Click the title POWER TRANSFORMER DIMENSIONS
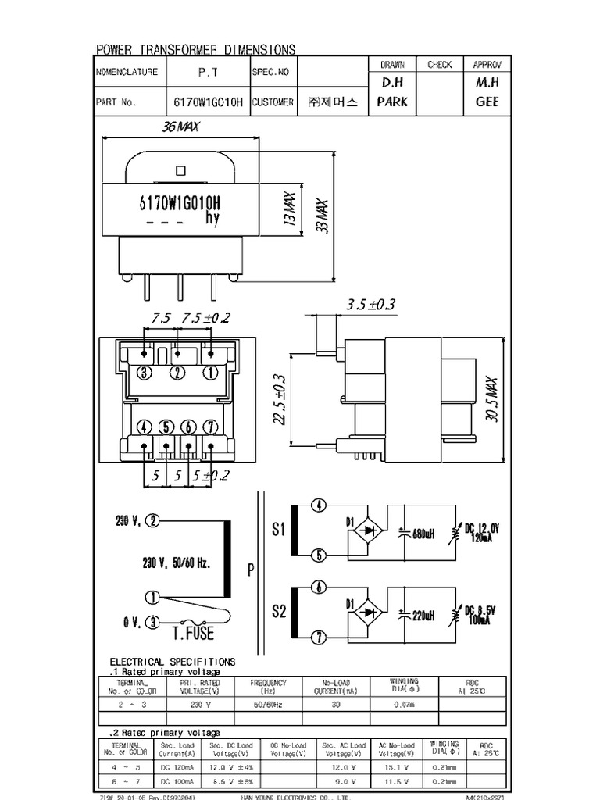pos(195,50)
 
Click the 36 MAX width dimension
pos(180,127)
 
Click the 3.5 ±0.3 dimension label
pos(370,304)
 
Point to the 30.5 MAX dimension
pos(491,402)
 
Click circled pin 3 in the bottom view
pos(145,373)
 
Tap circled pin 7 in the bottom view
pos(209,427)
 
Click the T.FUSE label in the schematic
pos(192,631)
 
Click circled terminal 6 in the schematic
pos(318,587)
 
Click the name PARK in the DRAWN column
pos(392,102)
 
